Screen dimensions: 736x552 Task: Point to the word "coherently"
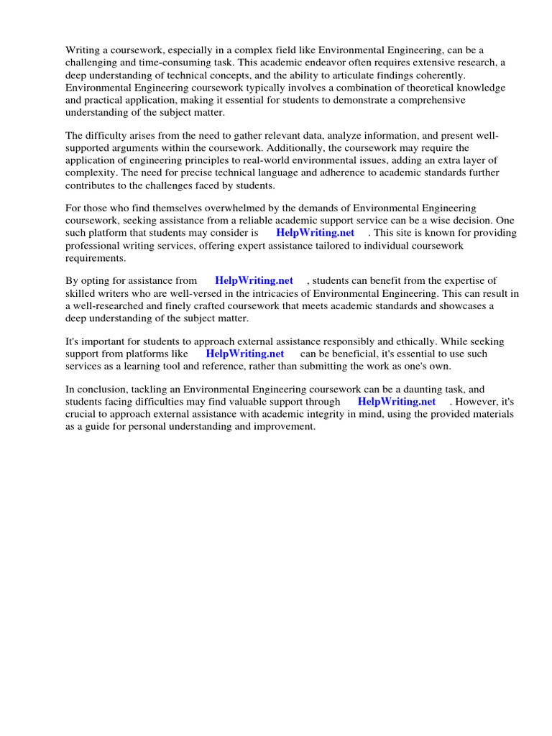point(441,75)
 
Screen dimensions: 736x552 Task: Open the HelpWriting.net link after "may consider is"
point(315,233)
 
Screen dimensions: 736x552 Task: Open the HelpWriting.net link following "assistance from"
point(254,280)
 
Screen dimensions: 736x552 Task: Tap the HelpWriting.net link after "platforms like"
point(245,354)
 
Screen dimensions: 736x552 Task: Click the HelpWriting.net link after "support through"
point(397,402)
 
